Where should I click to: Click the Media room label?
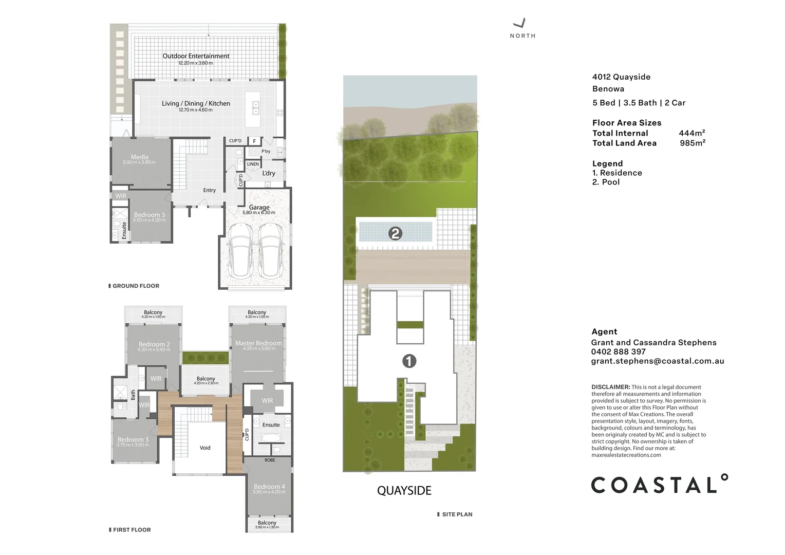click(139, 157)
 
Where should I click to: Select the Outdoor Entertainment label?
click(196, 56)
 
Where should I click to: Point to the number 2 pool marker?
click(395, 233)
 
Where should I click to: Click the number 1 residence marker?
click(409, 361)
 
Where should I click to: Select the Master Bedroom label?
click(258, 343)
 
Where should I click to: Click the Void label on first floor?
click(205, 448)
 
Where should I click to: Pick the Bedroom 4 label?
click(269, 486)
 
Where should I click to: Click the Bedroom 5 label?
click(149, 215)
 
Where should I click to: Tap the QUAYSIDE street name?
click(404, 491)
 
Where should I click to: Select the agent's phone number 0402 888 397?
click(618, 351)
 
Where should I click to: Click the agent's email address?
click(658, 361)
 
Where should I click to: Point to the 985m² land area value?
click(692, 143)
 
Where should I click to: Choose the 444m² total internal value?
click(691, 133)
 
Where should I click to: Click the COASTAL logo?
click(659, 485)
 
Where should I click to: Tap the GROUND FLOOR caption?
click(136, 286)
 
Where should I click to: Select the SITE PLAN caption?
click(457, 514)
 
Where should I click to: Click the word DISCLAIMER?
click(610, 387)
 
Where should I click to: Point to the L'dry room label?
click(269, 173)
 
